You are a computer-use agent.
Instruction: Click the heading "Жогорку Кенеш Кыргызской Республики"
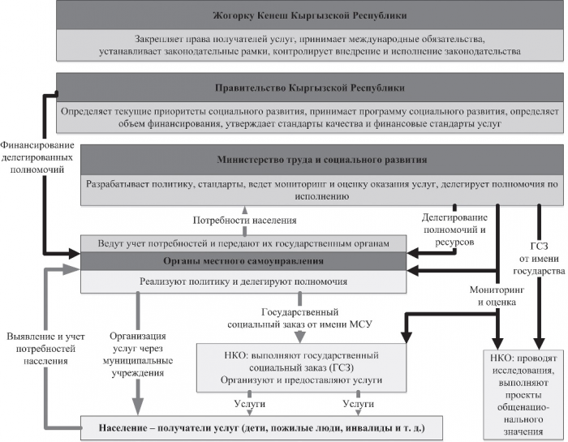310,16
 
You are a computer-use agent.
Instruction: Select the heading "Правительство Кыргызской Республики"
310,88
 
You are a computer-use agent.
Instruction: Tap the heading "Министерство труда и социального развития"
322,160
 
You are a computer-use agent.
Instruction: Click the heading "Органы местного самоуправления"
243,261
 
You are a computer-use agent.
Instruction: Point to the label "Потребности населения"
244,220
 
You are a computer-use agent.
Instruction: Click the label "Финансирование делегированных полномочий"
37,157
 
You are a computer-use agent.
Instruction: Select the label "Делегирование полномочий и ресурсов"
454,230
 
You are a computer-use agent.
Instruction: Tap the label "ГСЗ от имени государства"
539,259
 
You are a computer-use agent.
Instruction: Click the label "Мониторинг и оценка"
497,296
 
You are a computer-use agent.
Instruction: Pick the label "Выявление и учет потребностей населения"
45,349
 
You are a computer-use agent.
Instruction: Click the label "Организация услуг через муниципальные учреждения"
138,354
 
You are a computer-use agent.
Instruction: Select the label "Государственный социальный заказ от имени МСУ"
299,318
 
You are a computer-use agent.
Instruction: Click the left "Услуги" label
250,404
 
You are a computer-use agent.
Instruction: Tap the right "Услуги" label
359,404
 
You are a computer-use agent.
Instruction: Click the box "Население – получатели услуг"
261,428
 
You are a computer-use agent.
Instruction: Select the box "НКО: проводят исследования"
524,394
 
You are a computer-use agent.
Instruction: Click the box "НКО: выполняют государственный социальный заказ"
301,367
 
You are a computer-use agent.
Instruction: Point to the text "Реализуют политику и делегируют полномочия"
243,281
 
